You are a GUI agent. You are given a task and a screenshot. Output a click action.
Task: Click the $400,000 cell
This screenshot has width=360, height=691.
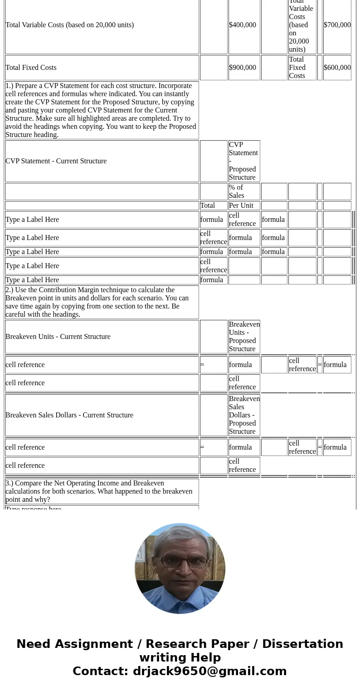click(243, 25)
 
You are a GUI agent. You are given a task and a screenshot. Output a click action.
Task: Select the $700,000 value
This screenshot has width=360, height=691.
click(337, 25)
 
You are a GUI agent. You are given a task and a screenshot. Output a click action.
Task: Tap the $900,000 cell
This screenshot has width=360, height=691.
click(243, 68)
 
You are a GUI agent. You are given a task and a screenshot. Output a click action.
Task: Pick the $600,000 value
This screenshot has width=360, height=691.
click(337, 68)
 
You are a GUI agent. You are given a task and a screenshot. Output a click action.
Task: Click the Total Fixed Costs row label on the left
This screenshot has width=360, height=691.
click(31, 68)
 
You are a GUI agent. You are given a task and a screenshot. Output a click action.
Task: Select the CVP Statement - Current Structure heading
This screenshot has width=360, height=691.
click(56, 161)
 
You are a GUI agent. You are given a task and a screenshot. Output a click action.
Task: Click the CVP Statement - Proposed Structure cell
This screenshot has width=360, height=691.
click(243, 161)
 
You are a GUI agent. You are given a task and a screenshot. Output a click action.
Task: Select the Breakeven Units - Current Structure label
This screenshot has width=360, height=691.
click(58, 337)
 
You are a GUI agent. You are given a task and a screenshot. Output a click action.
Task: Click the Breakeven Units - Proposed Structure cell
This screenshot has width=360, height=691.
click(244, 337)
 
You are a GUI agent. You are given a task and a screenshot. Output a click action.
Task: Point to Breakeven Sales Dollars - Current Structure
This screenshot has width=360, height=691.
click(69, 415)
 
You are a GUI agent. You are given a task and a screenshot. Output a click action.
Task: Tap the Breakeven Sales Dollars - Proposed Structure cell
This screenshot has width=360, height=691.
click(244, 415)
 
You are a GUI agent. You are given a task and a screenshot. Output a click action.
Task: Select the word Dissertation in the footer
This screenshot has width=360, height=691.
click(302, 644)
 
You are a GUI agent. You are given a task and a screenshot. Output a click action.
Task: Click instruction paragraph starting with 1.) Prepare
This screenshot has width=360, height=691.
click(101, 110)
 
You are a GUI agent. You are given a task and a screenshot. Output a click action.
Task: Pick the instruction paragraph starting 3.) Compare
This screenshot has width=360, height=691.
click(101, 491)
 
